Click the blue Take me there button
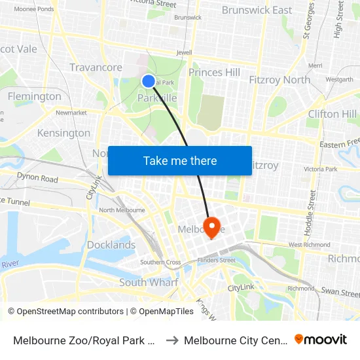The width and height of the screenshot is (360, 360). click(x=180, y=160)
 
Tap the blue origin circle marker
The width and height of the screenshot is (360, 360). click(x=149, y=81)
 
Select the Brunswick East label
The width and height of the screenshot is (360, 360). click(x=257, y=10)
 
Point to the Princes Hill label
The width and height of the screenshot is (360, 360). click(x=214, y=73)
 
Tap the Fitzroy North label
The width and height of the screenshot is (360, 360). click(x=279, y=80)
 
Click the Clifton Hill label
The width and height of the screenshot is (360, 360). click(x=331, y=114)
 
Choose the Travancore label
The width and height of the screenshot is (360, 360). click(x=96, y=67)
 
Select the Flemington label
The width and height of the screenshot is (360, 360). click(x=35, y=96)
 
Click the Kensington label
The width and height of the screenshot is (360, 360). click(x=63, y=133)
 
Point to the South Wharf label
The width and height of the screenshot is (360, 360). click(x=149, y=283)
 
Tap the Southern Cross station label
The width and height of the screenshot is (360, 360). click(x=160, y=262)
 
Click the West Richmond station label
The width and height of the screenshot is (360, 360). click(x=304, y=245)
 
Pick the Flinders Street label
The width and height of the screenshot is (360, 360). click(x=218, y=260)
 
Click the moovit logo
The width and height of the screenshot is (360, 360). click(x=321, y=339)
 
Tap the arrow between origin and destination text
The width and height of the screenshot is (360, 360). click(x=173, y=340)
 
